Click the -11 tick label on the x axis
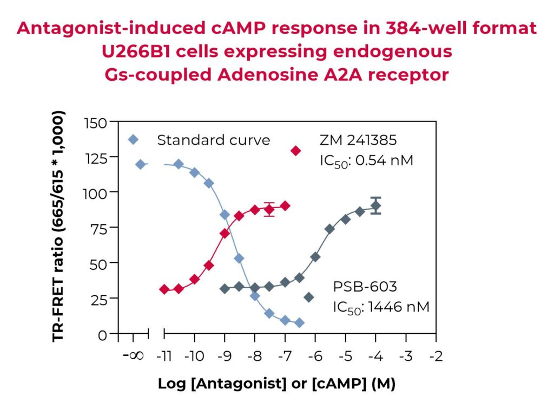(x=164, y=357)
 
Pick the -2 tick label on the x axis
(x=436, y=357)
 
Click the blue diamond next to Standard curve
(x=134, y=140)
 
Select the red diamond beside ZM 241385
(x=295, y=150)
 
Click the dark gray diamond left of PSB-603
(x=309, y=297)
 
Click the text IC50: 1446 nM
(x=381, y=308)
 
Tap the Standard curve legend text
(x=213, y=140)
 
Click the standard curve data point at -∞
(x=141, y=164)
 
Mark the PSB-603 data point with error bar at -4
(x=376, y=205)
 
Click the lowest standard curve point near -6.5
(x=299, y=323)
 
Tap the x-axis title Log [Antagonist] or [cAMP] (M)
(x=276, y=384)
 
